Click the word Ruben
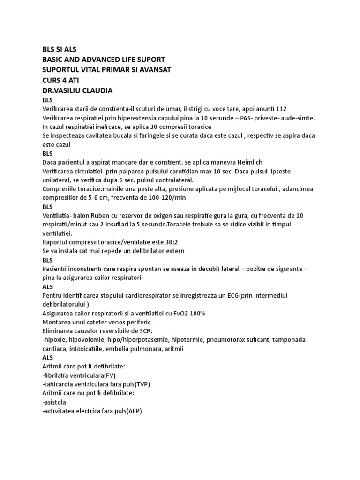pos(100,216)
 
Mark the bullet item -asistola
pos(54,402)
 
